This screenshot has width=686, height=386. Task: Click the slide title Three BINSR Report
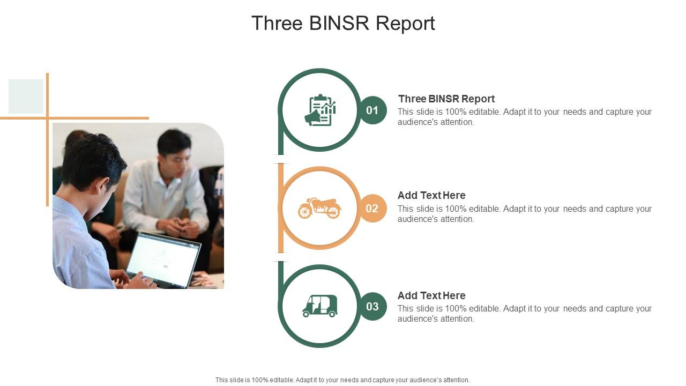(343, 24)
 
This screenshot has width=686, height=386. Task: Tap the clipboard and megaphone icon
(320, 110)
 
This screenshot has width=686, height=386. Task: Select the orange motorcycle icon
(319, 208)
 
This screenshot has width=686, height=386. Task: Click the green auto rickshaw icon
(319, 306)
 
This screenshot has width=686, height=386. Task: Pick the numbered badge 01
(372, 110)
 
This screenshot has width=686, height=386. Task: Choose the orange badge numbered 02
(372, 209)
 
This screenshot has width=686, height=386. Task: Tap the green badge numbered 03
(372, 307)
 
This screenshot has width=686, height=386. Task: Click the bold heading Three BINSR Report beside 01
(446, 99)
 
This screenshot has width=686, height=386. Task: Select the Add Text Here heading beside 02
(431, 195)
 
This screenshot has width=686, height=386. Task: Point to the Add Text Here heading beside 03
(431, 295)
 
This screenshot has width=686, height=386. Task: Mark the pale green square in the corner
(26, 96)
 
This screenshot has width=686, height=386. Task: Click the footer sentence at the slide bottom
(342, 380)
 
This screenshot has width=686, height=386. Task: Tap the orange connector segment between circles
(280, 208)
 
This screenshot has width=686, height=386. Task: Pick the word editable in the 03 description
(486, 309)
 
